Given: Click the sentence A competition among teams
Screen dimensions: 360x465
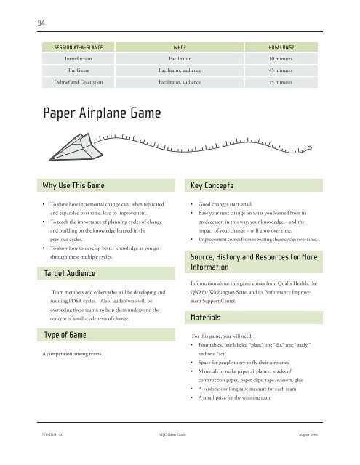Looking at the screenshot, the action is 76,354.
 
